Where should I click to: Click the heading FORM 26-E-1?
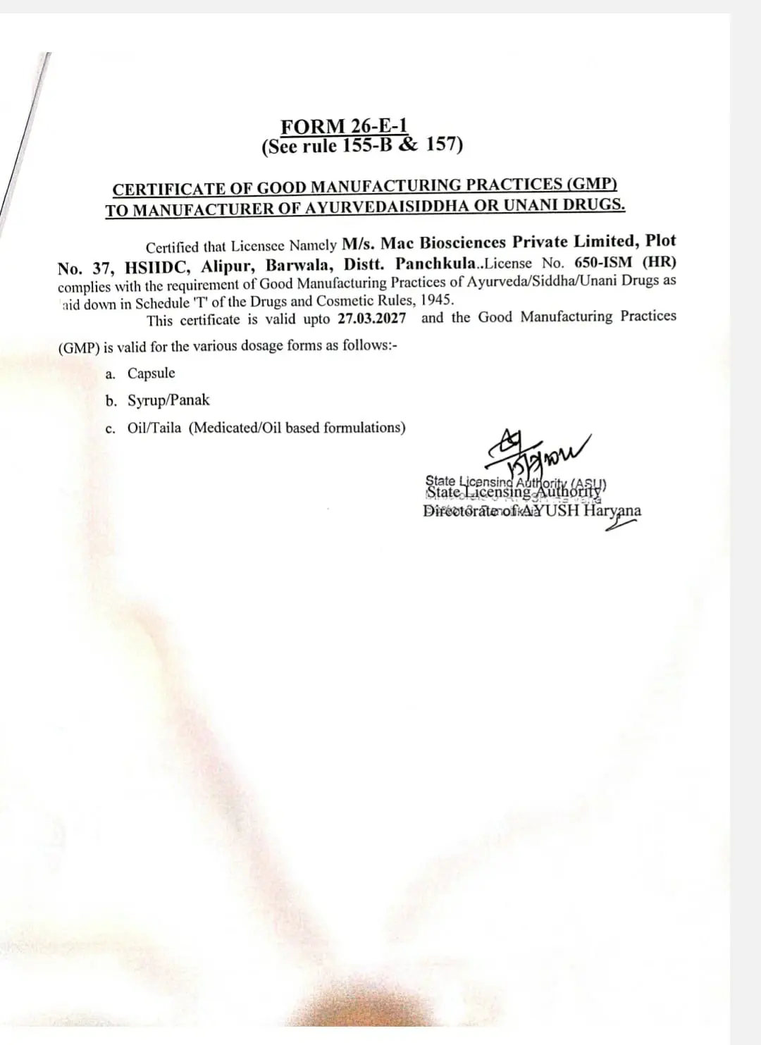click(345, 126)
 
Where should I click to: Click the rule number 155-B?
click(370, 146)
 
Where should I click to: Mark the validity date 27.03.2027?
click(372, 319)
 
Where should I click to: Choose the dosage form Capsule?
click(151, 373)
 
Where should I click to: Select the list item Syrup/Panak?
click(168, 400)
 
